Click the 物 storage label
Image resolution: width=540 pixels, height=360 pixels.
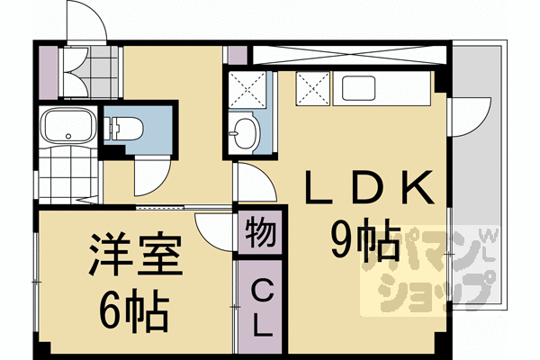coord(260,231)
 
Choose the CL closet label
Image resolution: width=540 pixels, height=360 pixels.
coord(260,306)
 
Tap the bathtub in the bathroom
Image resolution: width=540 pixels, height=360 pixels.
coord(67,125)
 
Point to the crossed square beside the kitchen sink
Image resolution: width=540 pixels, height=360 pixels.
coord(314,88)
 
